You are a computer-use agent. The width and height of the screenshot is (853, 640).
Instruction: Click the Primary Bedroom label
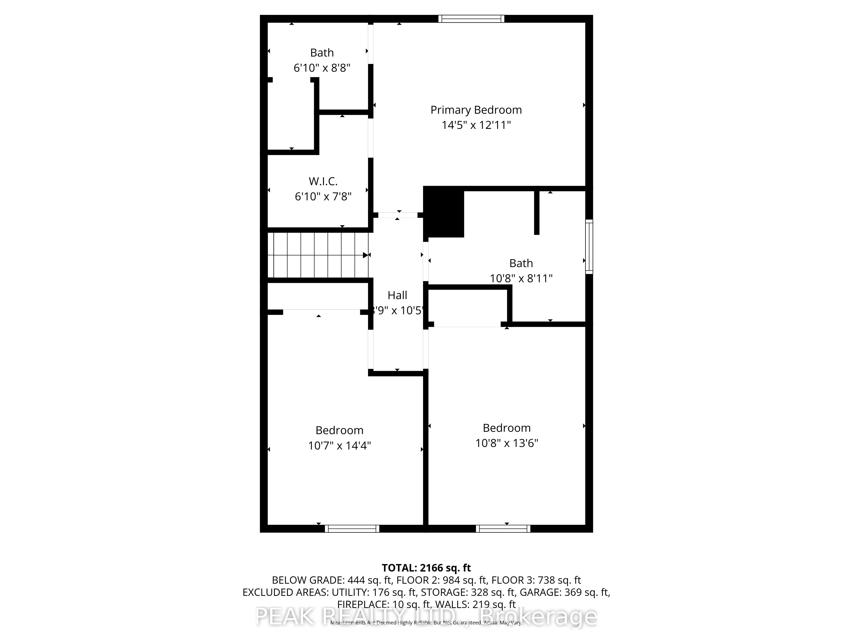point(476,110)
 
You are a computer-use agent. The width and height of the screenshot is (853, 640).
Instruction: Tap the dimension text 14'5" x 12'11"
point(476,125)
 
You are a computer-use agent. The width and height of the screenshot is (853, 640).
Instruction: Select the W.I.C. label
point(323,181)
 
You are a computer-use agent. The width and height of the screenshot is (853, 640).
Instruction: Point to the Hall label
point(397,295)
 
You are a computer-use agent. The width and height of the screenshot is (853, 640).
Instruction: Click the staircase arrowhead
point(365,255)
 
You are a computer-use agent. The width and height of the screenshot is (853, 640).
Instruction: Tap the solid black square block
point(444,212)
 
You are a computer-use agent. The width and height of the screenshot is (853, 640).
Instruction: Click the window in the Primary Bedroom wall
point(471,19)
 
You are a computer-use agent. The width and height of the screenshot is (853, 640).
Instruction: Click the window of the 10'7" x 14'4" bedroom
point(352,528)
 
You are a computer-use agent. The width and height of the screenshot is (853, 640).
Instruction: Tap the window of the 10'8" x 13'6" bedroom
point(503,528)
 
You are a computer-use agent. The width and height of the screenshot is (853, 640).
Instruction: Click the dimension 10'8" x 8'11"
point(521,278)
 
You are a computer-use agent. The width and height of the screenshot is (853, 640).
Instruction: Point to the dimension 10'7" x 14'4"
point(339,446)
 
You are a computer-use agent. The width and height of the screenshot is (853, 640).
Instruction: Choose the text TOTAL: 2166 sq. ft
point(426,568)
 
